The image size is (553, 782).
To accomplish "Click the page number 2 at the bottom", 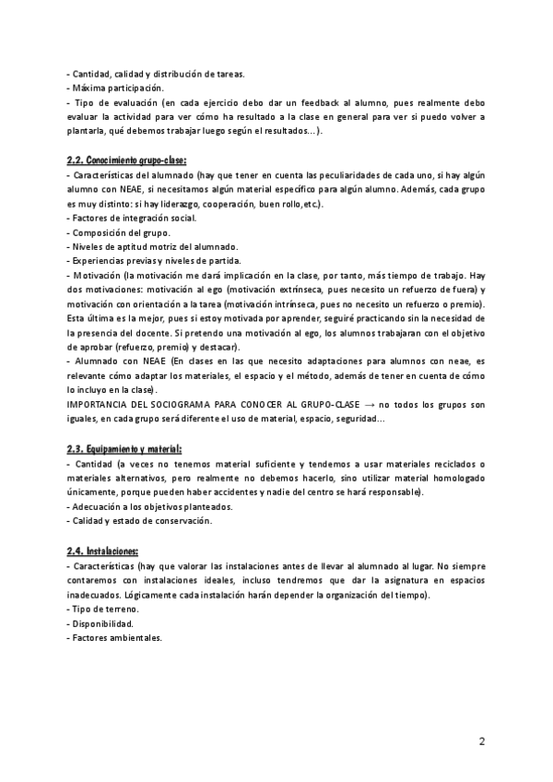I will [481, 741].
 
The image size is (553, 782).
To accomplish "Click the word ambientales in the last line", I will [136, 637].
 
